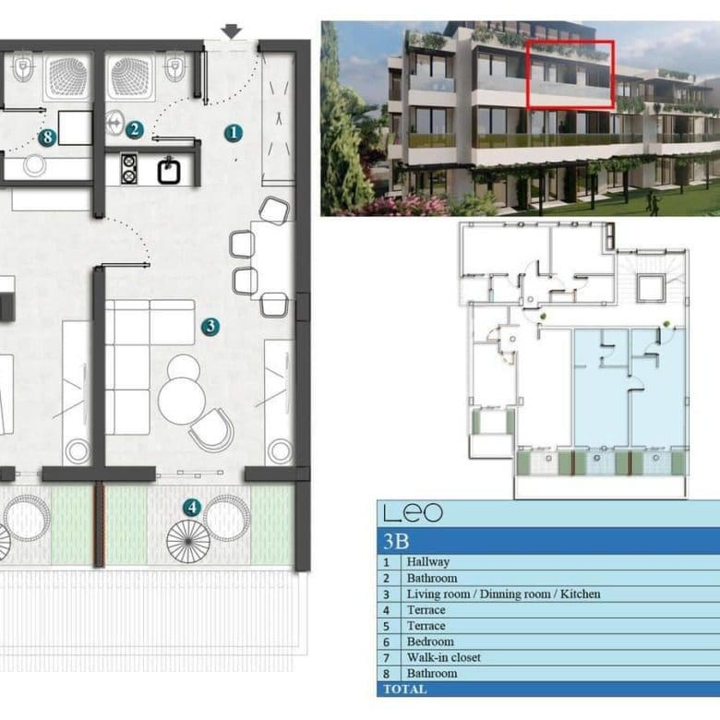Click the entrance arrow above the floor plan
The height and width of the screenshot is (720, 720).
point(231,31)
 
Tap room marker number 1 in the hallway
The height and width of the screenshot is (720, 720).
point(234,133)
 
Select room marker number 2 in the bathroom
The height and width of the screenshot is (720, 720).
point(134,129)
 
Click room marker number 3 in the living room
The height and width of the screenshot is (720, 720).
point(210,327)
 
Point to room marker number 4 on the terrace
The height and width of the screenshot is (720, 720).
point(192,508)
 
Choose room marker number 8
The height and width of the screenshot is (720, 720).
point(47,138)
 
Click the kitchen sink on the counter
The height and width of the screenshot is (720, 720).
point(169,171)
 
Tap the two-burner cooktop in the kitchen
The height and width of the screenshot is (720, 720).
point(129,169)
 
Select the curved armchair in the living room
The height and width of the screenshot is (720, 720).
point(212,430)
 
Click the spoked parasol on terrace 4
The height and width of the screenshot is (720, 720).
point(188,541)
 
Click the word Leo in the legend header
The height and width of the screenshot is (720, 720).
point(413,513)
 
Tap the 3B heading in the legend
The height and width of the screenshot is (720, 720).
point(396,541)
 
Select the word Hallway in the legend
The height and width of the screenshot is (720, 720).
point(428,562)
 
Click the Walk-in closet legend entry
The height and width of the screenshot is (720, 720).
point(444,657)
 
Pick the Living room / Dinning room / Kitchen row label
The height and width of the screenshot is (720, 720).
point(503,594)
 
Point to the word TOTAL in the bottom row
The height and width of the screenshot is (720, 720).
point(405,690)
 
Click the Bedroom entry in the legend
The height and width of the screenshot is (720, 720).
point(430,642)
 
